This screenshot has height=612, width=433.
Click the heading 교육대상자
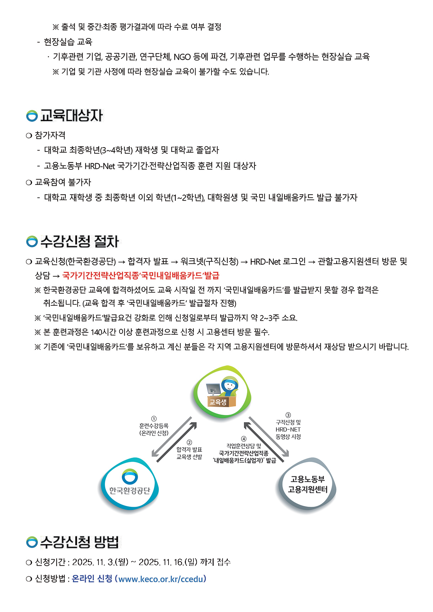coord(71,116)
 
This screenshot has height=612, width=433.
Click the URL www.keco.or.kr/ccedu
coord(162,579)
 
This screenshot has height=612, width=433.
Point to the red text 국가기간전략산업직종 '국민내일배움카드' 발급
coord(141,276)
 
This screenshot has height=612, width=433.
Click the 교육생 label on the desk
coord(218,402)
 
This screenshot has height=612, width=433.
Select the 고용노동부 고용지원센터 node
coord(308,484)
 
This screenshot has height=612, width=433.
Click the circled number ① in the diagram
coord(154,419)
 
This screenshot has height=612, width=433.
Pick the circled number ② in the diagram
coord(189,442)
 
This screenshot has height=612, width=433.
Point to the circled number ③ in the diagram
coord(288,415)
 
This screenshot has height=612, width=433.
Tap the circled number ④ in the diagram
coord(244,439)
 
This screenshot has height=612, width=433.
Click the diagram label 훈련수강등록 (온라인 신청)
coord(154,429)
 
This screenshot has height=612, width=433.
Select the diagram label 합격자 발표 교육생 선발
coord(189,453)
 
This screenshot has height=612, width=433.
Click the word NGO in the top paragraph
coord(182,57)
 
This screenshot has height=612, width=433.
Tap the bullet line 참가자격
coord(50,135)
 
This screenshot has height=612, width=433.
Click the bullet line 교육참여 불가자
coord(63,182)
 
